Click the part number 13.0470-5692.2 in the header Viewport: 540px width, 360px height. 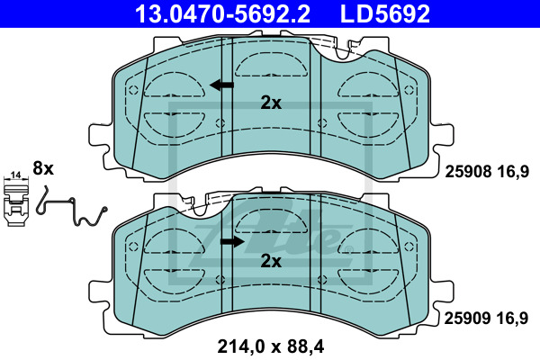[222, 13]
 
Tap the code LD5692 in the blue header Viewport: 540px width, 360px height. [385, 13]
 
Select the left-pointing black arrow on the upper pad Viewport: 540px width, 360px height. [221, 85]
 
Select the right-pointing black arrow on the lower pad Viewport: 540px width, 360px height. [232, 241]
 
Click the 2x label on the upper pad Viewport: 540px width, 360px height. [271, 103]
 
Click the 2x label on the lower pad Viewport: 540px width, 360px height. [271, 261]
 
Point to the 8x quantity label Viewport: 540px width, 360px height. [43, 169]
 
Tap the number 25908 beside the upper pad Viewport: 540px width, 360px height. [468, 171]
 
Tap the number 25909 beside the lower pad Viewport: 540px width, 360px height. [467, 319]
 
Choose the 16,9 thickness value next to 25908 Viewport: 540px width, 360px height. [512, 171]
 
